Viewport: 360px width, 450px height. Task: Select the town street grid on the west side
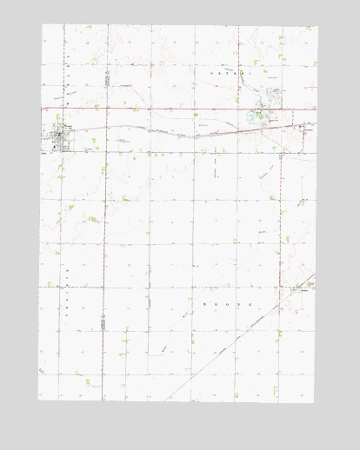59,136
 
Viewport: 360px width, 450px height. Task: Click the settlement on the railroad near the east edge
305,126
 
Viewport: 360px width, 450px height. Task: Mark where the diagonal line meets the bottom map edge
164,401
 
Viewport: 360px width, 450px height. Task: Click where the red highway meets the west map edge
42,109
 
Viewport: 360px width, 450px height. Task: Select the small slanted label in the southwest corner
40,371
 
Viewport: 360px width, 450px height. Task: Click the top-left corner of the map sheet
42,24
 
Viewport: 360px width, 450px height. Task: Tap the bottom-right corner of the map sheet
314,403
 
